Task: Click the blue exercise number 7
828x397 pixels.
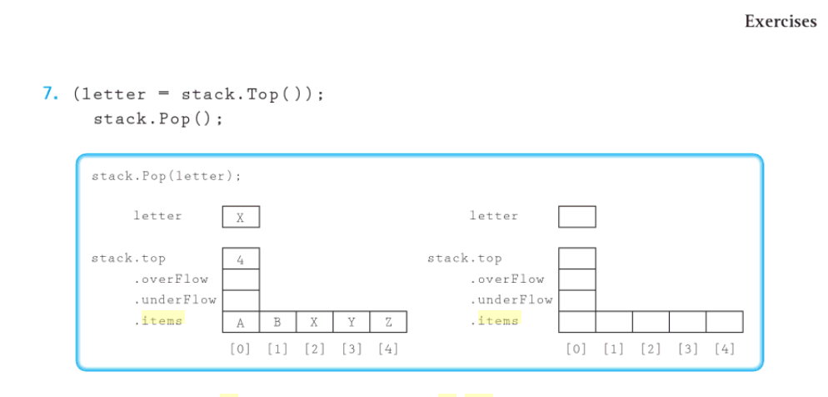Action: point(50,94)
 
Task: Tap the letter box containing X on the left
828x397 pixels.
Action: point(241,217)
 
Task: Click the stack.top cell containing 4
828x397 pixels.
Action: point(241,259)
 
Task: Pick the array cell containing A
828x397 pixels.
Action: point(241,322)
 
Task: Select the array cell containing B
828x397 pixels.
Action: point(277,322)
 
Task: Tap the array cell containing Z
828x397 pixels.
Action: point(388,322)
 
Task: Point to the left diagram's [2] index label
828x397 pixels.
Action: point(315,349)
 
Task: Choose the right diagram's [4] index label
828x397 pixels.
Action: point(724,349)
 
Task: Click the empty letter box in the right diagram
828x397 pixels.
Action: point(577,217)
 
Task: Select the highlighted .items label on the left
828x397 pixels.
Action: point(162,320)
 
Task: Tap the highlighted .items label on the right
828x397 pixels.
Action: point(497,320)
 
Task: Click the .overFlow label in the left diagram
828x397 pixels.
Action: point(171,279)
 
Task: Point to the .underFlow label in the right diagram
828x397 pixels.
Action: point(511,299)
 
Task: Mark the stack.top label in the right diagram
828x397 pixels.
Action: point(464,259)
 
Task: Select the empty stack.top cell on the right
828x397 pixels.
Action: point(577,259)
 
